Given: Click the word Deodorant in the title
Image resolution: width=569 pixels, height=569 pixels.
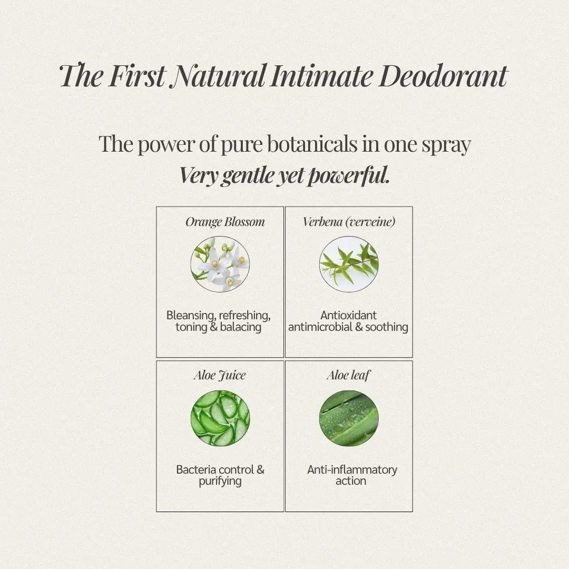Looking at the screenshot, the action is click(x=443, y=76).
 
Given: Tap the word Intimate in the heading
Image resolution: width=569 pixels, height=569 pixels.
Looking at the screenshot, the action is click(x=321, y=76).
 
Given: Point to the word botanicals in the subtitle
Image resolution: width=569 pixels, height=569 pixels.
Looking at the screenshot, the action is click(x=312, y=144).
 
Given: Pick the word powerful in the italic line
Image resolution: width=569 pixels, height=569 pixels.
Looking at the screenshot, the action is click(x=348, y=175).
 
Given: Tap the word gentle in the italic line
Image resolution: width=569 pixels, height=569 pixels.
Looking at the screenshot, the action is click(x=248, y=176).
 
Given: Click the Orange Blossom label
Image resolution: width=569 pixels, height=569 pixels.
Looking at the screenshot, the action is click(x=225, y=222).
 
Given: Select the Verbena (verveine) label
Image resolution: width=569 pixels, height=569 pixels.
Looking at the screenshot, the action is click(x=349, y=222).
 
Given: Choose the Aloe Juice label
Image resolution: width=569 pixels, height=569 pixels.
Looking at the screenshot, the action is click(x=220, y=376).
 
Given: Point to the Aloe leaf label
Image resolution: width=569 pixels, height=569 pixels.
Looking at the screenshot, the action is click(x=348, y=375).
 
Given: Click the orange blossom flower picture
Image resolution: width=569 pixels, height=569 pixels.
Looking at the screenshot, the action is click(x=220, y=264).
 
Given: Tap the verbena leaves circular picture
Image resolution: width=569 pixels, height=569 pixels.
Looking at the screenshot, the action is click(x=349, y=264).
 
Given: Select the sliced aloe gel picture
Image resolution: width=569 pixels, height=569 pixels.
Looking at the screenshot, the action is click(x=220, y=418).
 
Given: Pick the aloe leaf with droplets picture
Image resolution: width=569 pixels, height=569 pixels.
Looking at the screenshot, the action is click(x=349, y=418).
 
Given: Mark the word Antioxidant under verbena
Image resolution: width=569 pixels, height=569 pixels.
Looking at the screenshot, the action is click(x=348, y=315).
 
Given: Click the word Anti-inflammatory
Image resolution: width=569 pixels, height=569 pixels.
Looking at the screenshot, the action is click(x=352, y=470).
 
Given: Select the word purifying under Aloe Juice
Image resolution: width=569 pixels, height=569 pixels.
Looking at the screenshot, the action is click(x=220, y=482).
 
